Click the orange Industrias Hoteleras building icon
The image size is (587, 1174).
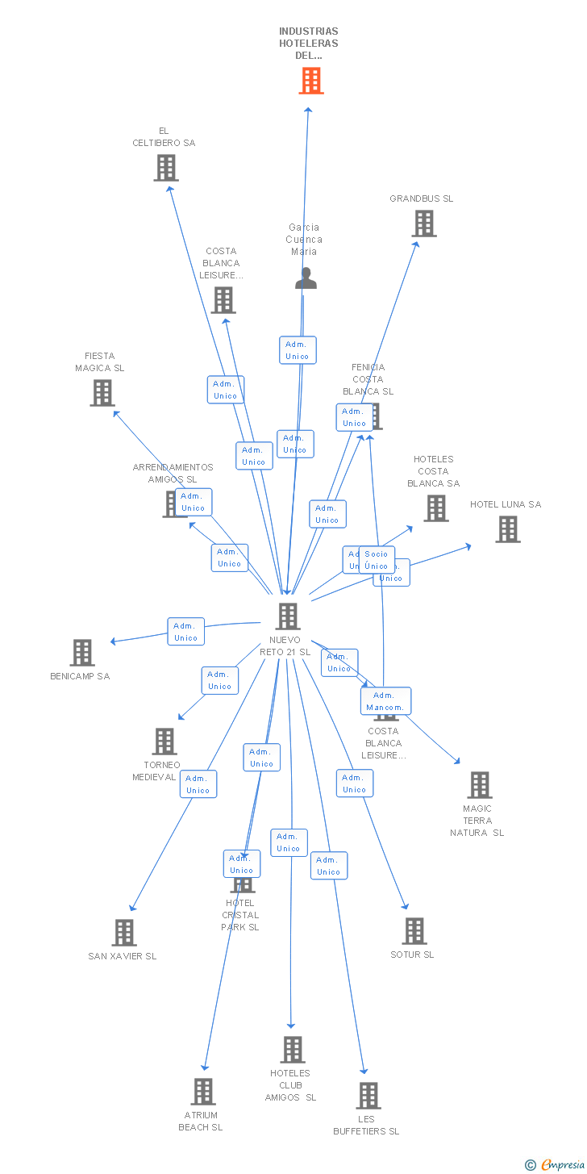pyautogui.click(x=311, y=81)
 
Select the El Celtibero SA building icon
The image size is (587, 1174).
pyautogui.click(x=166, y=168)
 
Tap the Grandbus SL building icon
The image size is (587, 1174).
pyautogui.click(x=424, y=224)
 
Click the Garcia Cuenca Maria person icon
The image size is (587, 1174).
pyautogui.click(x=306, y=278)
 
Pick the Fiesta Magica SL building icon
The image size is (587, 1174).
pyautogui.click(x=102, y=393)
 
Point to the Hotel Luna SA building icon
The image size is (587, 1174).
pyautogui.click(x=508, y=529)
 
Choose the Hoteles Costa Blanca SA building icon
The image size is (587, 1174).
pyautogui.click(x=436, y=508)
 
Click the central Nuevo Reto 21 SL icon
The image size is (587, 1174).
pyautogui.click(x=288, y=616)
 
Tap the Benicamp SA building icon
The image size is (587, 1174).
pyautogui.click(x=82, y=653)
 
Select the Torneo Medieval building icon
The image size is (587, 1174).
pyautogui.click(x=164, y=742)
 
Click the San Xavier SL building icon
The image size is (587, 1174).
pyautogui.click(x=124, y=933)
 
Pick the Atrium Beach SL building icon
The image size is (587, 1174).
pyautogui.click(x=203, y=1092)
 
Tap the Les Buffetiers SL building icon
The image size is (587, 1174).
pyautogui.click(x=368, y=1096)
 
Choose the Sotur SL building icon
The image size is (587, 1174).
pyautogui.click(x=414, y=931)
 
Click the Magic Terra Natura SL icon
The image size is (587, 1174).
pyautogui.click(x=480, y=785)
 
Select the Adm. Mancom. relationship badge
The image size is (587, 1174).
pyautogui.click(x=385, y=701)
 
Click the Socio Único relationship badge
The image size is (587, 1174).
pyautogui.click(x=377, y=560)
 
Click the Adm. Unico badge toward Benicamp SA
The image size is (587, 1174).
pyautogui.click(x=185, y=632)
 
